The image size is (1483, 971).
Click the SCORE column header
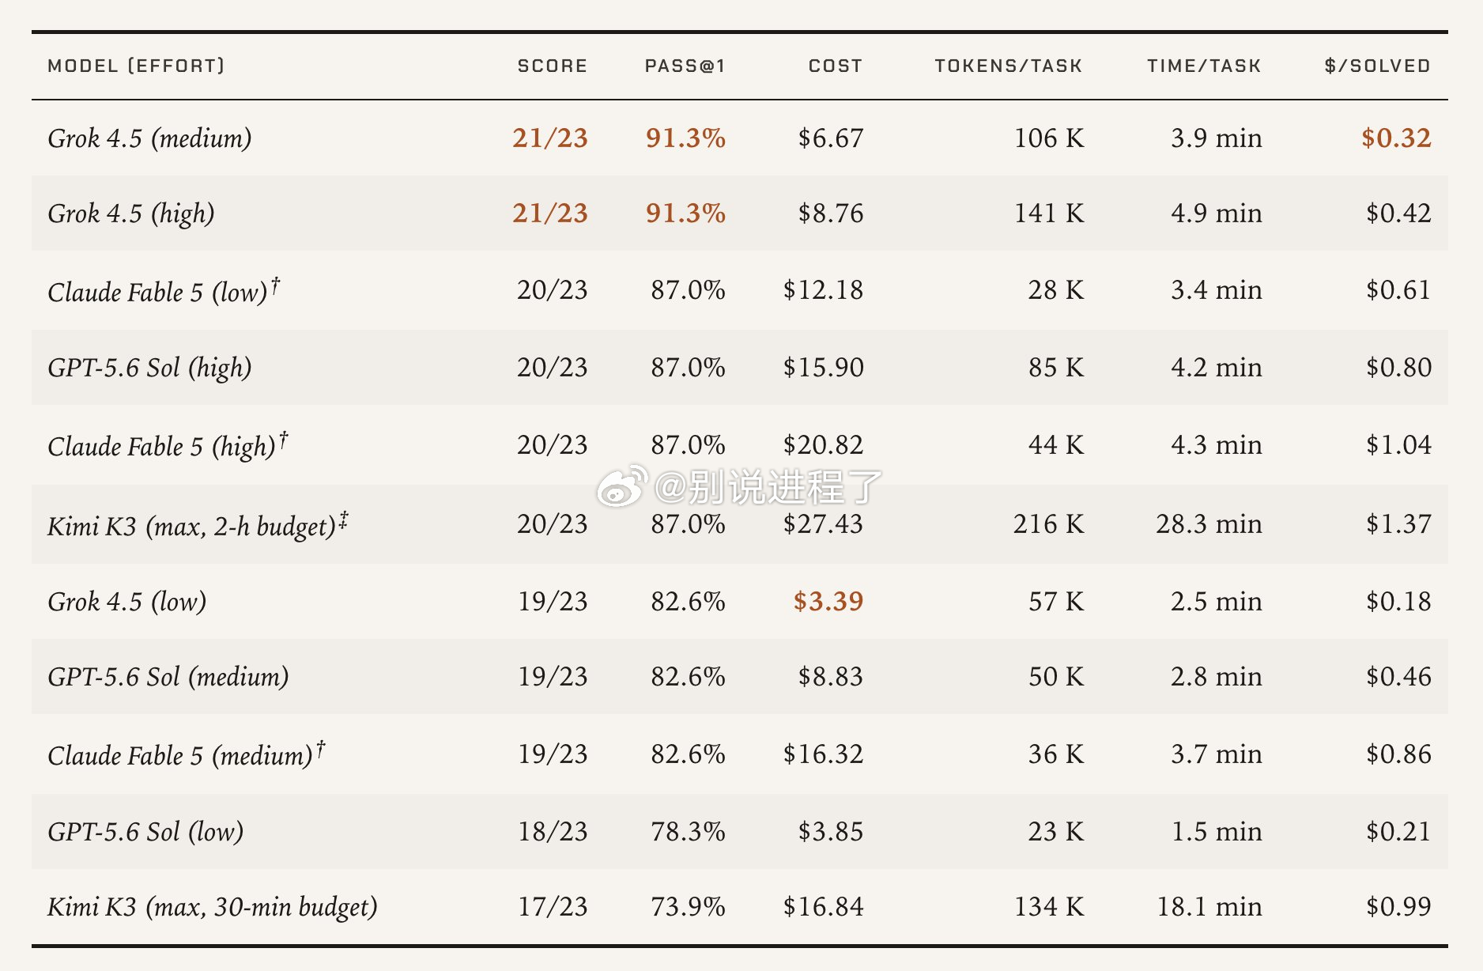point(552,66)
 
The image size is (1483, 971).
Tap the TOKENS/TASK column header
point(1008,66)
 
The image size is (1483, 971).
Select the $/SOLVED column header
point(1377,66)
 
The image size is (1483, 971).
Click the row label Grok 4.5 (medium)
point(149,138)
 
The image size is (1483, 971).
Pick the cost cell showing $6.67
point(830,138)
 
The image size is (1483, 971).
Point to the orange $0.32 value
point(1396,138)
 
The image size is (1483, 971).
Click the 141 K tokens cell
point(1049,213)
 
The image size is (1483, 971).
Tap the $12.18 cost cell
point(823,290)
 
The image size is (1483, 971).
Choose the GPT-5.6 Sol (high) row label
point(149,368)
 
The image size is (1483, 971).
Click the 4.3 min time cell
point(1216,445)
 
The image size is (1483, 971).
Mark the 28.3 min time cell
point(1209,524)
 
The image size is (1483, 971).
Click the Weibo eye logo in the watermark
point(623,486)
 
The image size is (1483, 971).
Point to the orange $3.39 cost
point(828,602)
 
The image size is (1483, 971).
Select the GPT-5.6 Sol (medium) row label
point(168,677)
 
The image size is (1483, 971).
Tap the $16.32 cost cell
point(823,754)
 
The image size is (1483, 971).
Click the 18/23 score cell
point(553,832)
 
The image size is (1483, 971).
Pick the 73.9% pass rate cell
point(688,907)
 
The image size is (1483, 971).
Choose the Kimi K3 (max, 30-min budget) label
point(213,907)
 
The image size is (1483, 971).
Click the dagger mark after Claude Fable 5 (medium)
point(321,747)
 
